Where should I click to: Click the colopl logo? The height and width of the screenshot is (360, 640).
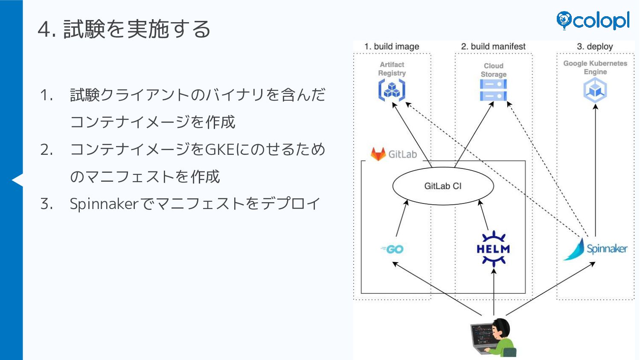point(593,20)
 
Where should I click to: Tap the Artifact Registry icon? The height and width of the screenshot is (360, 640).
point(392,90)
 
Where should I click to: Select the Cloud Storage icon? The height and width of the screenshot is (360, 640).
point(493,90)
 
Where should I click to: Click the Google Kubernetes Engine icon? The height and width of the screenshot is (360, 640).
point(595,90)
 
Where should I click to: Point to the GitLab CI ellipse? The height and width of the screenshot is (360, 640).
point(443,186)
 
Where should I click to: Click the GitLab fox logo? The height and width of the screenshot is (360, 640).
point(378,154)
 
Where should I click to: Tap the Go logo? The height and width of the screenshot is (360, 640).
point(393,249)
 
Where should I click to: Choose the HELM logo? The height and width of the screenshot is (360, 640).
point(493,249)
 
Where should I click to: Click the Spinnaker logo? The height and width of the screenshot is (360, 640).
point(595,249)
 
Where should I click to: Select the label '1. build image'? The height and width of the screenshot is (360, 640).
point(392,46)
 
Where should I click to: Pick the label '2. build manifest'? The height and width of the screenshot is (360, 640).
point(493,46)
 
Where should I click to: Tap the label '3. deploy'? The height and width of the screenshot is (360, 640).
point(595,46)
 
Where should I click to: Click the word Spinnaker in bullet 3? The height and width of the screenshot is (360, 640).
point(104,204)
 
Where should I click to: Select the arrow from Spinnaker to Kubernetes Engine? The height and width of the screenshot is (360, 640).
point(595,171)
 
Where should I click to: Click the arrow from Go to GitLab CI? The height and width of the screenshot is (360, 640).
point(401,218)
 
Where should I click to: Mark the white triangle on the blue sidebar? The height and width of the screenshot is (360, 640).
point(17,180)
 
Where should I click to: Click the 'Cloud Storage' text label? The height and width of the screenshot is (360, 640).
point(493,70)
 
